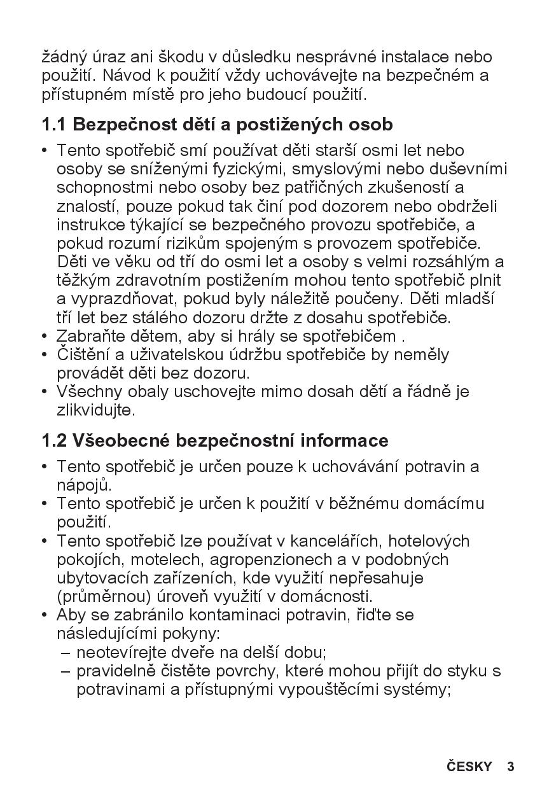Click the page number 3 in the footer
pyautogui.click(x=510, y=766)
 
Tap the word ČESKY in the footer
pyautogui.click(x=469, y=766)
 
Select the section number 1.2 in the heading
pyautogui.click(x=54, y=440)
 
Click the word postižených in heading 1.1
pyautogui.click(x=288, y=124)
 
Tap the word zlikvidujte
pyautogui.click(x=96, y=410)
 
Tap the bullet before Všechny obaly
pyautogui.click(x=45, y=392)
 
